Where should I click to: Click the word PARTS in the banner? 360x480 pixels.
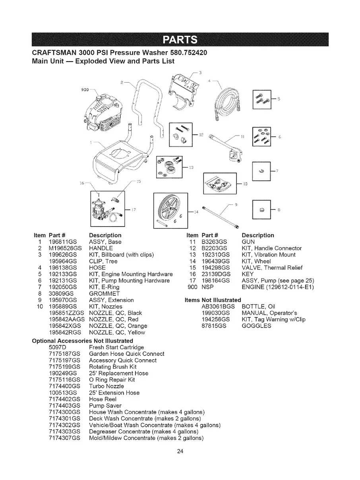[x=180, y=40]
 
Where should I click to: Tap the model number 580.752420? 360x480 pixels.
[x=189, y=53]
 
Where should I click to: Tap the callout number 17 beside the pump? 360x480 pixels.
[x=134, y=210]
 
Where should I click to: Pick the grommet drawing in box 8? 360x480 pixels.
[x=262, y=210]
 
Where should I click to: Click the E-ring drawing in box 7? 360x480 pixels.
[x=261, y=171]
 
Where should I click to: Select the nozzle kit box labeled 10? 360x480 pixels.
[x=220, y=183]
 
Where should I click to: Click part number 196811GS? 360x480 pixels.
[x=63, y=242]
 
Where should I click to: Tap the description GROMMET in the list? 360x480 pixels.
[x=104, y=294]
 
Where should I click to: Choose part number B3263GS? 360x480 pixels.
[x=214, y=242]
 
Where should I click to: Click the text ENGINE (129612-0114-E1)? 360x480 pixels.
[x=278, y=287]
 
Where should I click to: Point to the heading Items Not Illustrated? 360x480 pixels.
[x=213, y=300]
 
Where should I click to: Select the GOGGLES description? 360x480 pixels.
[x=256, y=325]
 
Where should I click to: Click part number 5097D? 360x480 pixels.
[x=58, y=347]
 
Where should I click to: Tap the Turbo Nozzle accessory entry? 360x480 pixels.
[x=106, y=386]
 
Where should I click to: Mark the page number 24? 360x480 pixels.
[x=180, y=451]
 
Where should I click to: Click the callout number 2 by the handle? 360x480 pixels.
[x=122, y=82]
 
